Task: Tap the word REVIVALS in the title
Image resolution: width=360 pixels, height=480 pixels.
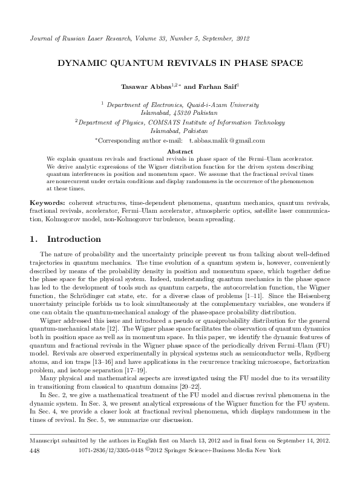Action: pos(205,63)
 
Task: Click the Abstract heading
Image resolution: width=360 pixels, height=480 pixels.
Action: pos(180,151)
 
